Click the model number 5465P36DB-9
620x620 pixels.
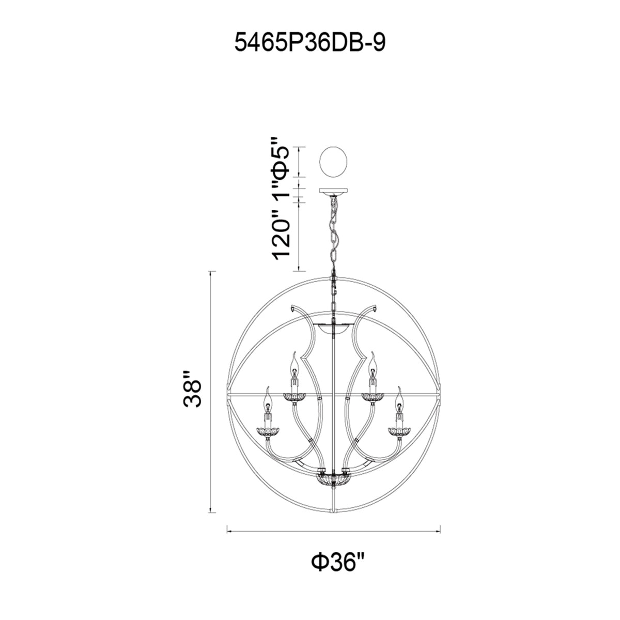pos(310,43)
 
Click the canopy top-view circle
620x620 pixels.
pos(333,162)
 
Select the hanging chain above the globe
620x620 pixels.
pos(334,237)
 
